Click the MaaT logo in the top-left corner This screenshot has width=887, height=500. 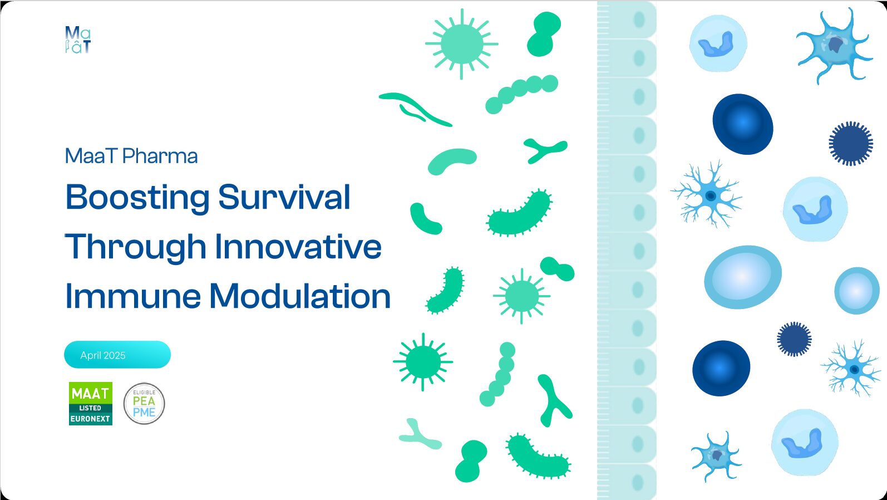coord(78,40)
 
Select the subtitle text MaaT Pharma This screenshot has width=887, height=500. coord(131,156)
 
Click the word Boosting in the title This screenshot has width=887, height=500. coord(137,198)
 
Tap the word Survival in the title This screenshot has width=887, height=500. coord(284,197)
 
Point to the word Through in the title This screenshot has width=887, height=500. coord(135,247)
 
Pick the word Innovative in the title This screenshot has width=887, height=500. coord(298,247)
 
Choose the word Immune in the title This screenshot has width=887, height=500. coord(132,296)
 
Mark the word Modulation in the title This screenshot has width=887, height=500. coord(300,296)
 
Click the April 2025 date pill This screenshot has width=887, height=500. coord(117,355)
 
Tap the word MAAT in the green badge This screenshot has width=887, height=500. coord(90,394)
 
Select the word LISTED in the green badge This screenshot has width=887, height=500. coord(90,408)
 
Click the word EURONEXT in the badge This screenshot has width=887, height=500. coord(90,419)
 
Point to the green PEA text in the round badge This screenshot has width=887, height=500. coord(144,401)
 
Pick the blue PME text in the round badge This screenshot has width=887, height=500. coord(144,413)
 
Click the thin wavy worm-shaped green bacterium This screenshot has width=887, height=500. coord(416,109)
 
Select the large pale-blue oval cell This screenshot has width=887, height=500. coord(743,277)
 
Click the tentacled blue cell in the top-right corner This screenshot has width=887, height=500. coord(835,47)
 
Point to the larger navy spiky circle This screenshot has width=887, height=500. coord(851,144)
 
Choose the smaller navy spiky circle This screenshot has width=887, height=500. coord(794,339)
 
